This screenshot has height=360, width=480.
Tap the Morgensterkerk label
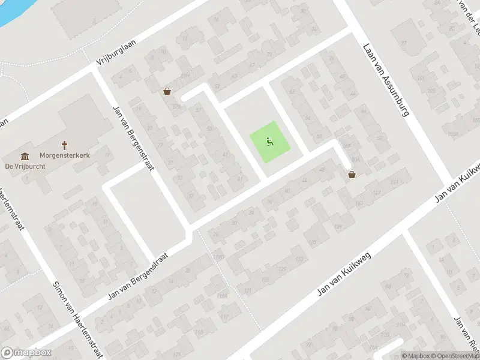click(65, 155)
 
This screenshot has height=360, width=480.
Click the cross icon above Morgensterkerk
click(65, 145)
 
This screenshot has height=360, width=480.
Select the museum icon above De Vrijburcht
click(25, 156)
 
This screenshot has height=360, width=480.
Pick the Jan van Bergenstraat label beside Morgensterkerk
click(133, 137)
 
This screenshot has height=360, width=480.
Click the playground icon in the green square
click(270, 142)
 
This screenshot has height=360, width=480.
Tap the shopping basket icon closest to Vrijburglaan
click(167, 91)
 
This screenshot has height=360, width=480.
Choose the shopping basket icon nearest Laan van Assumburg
click(352, 174)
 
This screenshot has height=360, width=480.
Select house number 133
click(298, 259)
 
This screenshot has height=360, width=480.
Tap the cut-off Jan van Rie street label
click(467, 336)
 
